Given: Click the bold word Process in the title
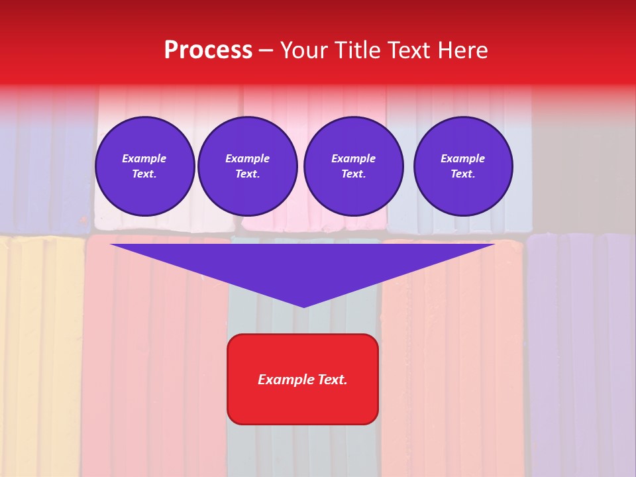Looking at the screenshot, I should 208,50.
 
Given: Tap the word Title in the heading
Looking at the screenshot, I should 358,50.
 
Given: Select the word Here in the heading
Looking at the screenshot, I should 462,50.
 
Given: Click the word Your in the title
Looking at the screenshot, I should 303,50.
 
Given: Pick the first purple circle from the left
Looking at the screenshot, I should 144,166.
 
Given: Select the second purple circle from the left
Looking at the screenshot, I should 247,166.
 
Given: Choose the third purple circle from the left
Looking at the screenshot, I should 353,166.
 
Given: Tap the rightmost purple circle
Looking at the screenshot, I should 462,166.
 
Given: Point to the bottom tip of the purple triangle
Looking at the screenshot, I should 303,306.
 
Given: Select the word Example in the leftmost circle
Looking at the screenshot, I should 144,158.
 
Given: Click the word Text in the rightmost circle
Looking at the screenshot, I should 462,174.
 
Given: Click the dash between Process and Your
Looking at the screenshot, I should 266,50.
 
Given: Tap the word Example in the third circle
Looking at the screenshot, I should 353,158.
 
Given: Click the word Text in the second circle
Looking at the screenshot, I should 247,174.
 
